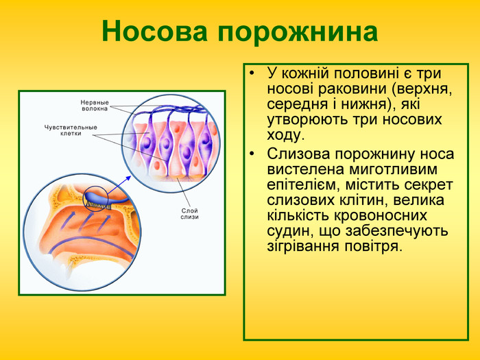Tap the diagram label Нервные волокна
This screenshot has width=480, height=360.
(95, 105)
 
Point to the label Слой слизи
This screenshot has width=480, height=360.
(190, 213)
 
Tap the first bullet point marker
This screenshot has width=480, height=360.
(253, 73)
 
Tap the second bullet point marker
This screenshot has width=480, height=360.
(253, 153)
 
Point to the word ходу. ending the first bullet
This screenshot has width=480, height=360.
(285, 136)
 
